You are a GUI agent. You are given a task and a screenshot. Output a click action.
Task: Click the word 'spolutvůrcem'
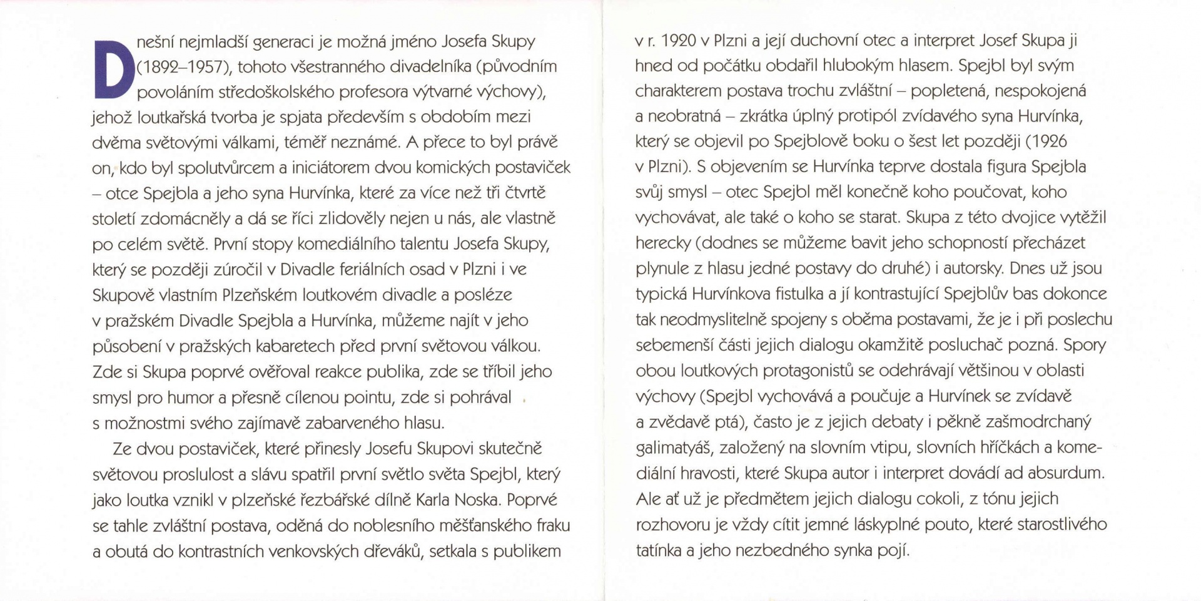[226, 168]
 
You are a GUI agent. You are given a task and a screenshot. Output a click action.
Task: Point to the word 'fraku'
[553, 526]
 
